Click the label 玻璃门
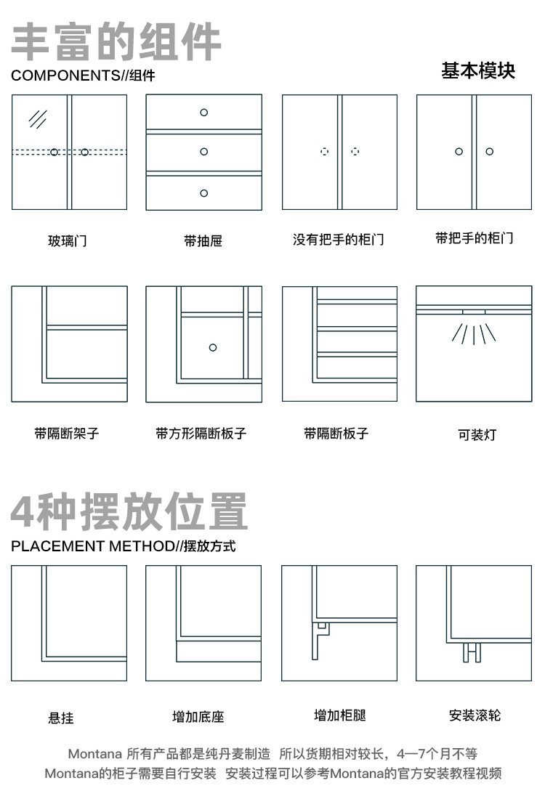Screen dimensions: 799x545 coord(68,240)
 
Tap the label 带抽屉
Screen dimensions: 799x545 coord(203,240)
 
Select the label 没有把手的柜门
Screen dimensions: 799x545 coord(339,240)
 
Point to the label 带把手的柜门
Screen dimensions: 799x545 coord(475,238)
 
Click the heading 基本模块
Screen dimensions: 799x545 coord(478,70)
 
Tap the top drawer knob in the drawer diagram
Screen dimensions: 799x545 coord(203,112)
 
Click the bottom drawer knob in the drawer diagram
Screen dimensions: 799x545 coord(203,193)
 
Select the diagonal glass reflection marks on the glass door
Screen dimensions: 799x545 coord(38,118)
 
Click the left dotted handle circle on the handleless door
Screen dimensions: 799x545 coord(325,152)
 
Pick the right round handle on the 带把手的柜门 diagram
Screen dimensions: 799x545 coord(490,151)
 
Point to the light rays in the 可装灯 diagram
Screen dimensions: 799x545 coord(474,333)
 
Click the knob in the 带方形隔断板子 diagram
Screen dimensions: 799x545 coord(213,347)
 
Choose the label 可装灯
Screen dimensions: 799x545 coord(477,435)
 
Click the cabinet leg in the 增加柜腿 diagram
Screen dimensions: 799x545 coord(316,640)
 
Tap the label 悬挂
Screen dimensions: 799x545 coord(61,718)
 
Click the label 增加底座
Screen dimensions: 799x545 coord(198,717)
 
